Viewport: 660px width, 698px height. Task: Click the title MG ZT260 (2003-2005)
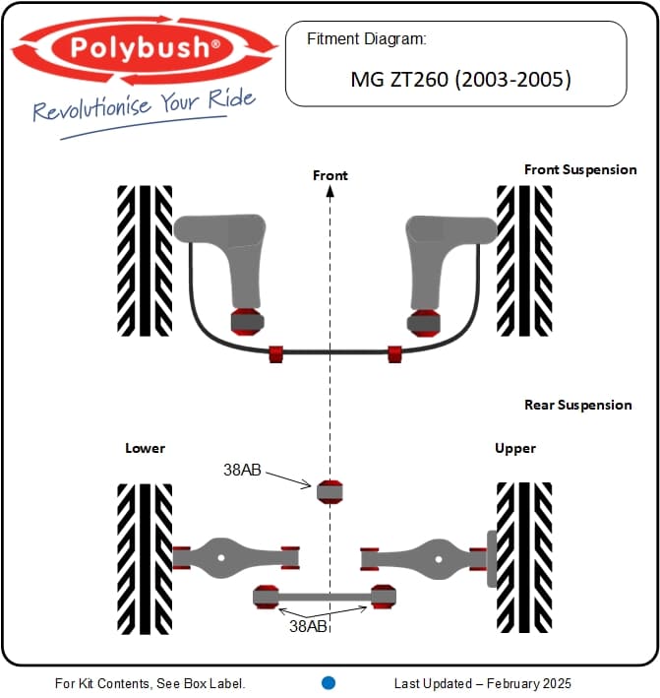[x=460, y=80]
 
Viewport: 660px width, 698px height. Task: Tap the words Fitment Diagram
[x=367, y=39]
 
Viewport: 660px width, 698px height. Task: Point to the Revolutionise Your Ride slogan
[x=144, y=106]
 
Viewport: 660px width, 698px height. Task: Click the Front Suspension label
[x=580, y=169]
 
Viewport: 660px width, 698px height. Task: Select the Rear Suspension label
[x=578, y=405]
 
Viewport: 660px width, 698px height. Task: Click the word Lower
[x=145, y=448]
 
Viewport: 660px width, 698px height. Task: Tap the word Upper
[x=515, y=448]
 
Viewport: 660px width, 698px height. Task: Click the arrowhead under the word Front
[x=330, y=191]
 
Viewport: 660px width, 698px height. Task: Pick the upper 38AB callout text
[x=242, y=470]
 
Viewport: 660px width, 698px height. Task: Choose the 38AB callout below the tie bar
[x=308, y=626]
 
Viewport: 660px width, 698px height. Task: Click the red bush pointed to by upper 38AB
[x=330, y=492]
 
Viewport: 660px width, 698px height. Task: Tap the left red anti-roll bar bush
[x=276, y=353]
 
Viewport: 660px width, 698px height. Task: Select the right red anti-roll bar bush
[x=394, y=353]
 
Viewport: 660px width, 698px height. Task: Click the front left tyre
[x=145, y=261]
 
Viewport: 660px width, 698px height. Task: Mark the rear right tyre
[x=524, y=558]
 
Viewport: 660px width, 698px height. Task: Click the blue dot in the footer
[x=329, y=683]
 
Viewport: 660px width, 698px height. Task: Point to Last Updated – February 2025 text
[x=483, y=683]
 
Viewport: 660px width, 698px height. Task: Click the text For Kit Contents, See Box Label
[x=150, y=683]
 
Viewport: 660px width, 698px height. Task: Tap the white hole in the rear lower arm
[x=221, y=557]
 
